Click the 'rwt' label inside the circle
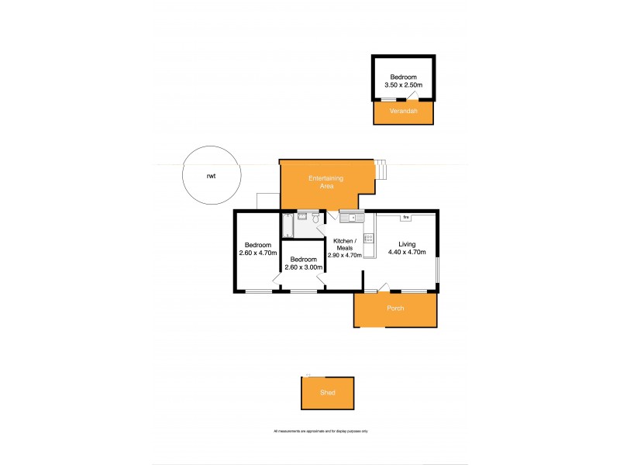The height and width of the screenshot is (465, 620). click(211, 177)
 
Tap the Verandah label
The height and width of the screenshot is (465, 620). click(403, 112)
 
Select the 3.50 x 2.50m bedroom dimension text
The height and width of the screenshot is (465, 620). click(403, 85)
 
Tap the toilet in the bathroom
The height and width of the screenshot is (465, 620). click(316, 219)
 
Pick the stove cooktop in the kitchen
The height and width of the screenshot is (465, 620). click(369, 240)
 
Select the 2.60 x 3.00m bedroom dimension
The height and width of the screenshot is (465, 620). click(303, 267)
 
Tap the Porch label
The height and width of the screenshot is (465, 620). click(395, 308)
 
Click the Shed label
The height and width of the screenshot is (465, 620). click(328, 393)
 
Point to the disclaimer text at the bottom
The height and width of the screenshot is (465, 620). click(320, 431)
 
